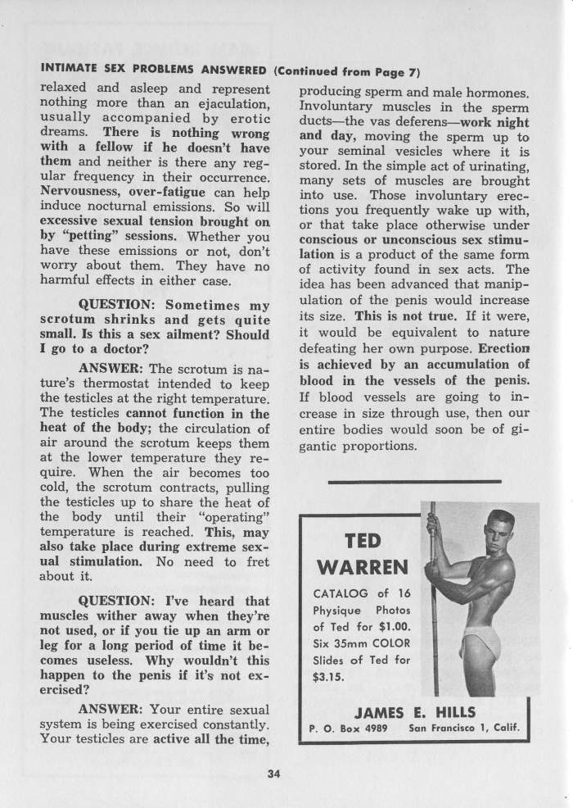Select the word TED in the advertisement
coord(361,541)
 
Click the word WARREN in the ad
coord(361,568)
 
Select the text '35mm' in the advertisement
coord(345,644)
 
